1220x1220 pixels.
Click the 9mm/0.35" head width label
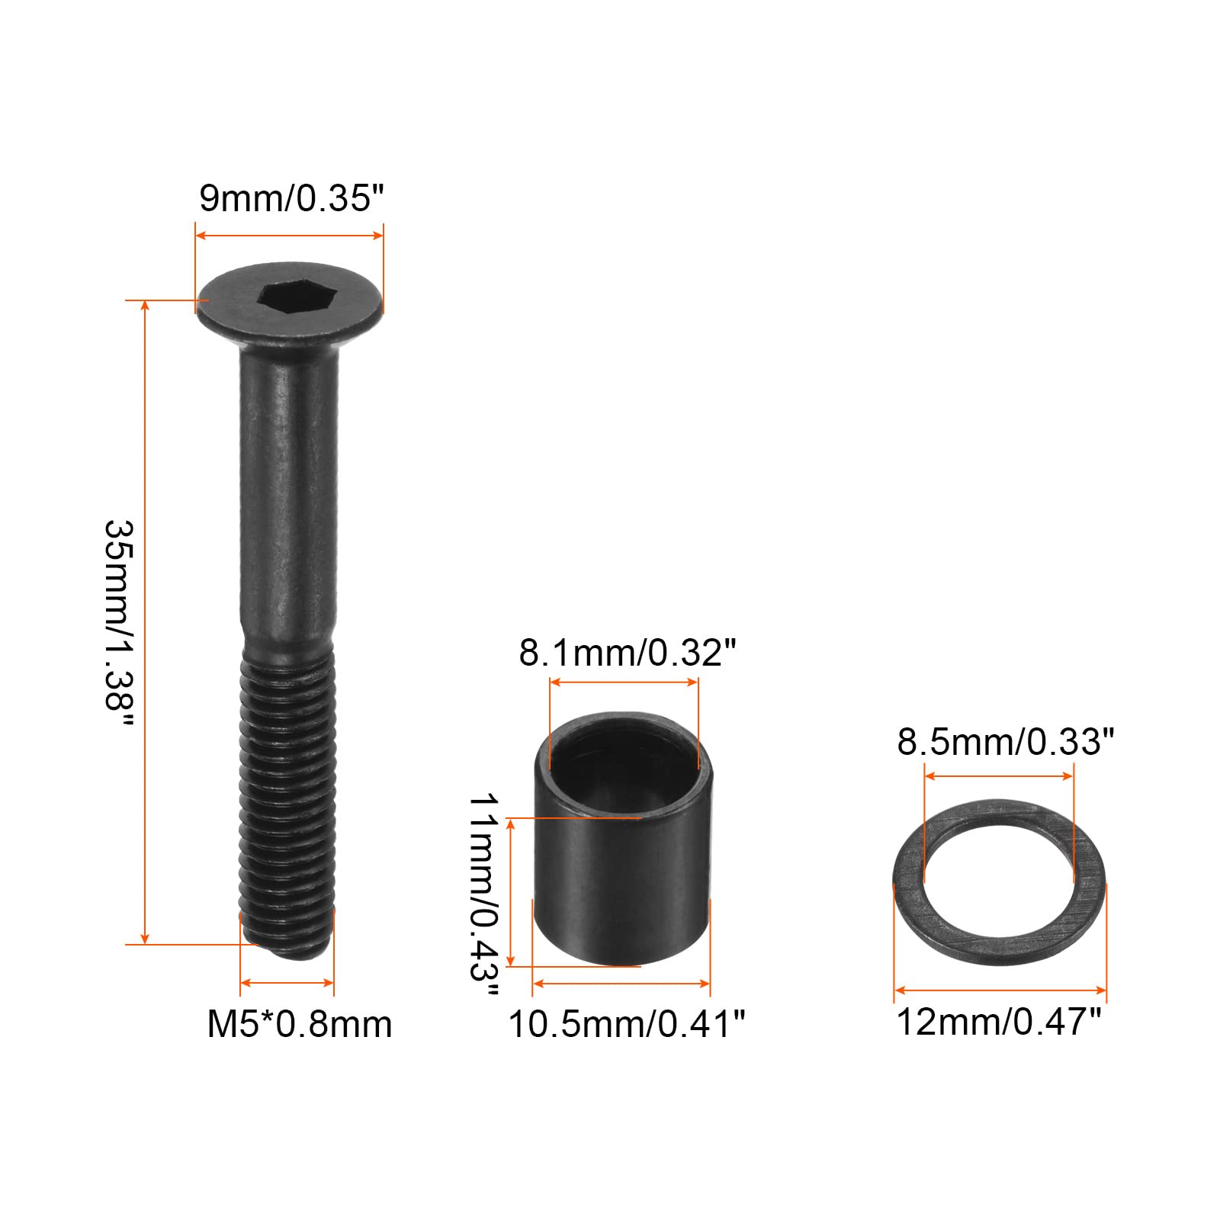291,199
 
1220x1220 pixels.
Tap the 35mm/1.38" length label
119,624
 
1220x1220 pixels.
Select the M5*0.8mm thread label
300,1024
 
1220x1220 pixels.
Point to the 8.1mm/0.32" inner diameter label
628,653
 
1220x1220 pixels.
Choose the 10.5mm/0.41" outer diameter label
627,1024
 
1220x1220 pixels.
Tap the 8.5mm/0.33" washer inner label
1006,741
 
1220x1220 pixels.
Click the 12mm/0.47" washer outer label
999,1022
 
